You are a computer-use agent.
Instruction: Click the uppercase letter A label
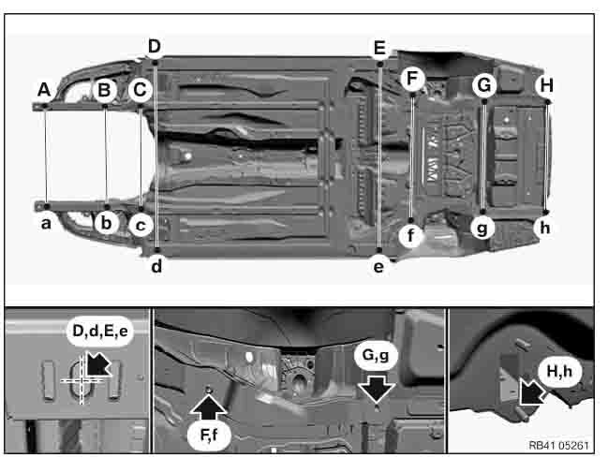click(x=44, y=90)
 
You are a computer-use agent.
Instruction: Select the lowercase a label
click(x=46, y=224)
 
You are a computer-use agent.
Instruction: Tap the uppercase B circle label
click(x=105, y=90)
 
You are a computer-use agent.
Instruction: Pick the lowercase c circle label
click(x=141, y=225)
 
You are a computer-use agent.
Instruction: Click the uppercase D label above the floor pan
click(x=155, y=47)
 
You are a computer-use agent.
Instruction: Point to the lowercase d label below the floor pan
click(x=156, y=266)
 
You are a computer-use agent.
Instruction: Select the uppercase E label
click(x=379, y=48)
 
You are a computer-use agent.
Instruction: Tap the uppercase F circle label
click(x=412, y=79)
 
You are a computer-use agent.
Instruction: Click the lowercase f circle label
click(x=410, y=235)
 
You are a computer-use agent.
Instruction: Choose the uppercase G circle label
click(x=484, y=86)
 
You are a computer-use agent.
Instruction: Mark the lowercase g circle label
click(x=482, y=228)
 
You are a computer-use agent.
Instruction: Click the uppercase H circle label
click(x=546, y=86)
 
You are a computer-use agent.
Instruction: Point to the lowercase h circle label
click(x=545, y=228)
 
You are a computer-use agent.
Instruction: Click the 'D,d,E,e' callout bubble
click(x=100, y=332)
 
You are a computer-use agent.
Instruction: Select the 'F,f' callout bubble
click(x=210, y=436)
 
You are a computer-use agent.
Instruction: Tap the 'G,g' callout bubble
click(x=376, y=355)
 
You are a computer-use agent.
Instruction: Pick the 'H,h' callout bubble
click(x=559, y=372)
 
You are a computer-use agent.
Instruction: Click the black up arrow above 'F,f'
click(x=209, y=406)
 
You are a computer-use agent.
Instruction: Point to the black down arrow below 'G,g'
click(x=377, y=389)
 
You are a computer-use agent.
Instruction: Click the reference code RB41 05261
click(x=558, y=445)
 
